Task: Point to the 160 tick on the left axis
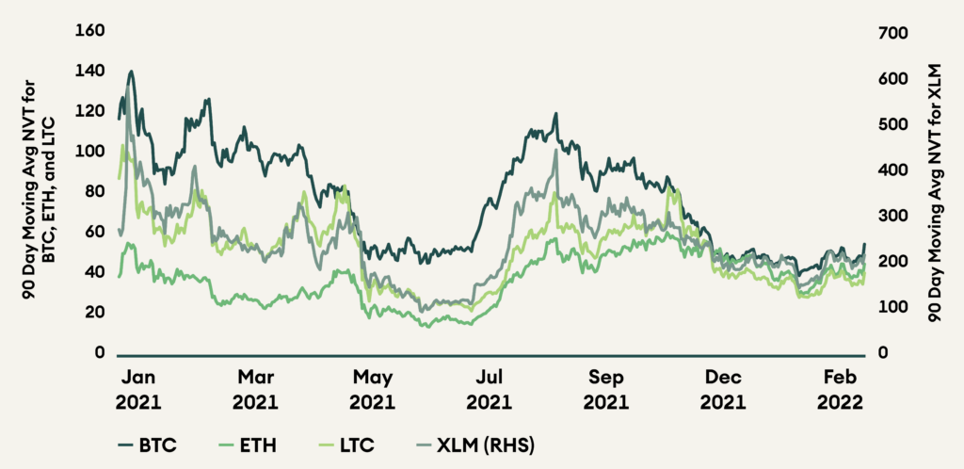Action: coord(88,32)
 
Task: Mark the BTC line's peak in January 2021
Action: coord(131,71)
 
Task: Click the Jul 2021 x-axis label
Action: coord(491,390)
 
